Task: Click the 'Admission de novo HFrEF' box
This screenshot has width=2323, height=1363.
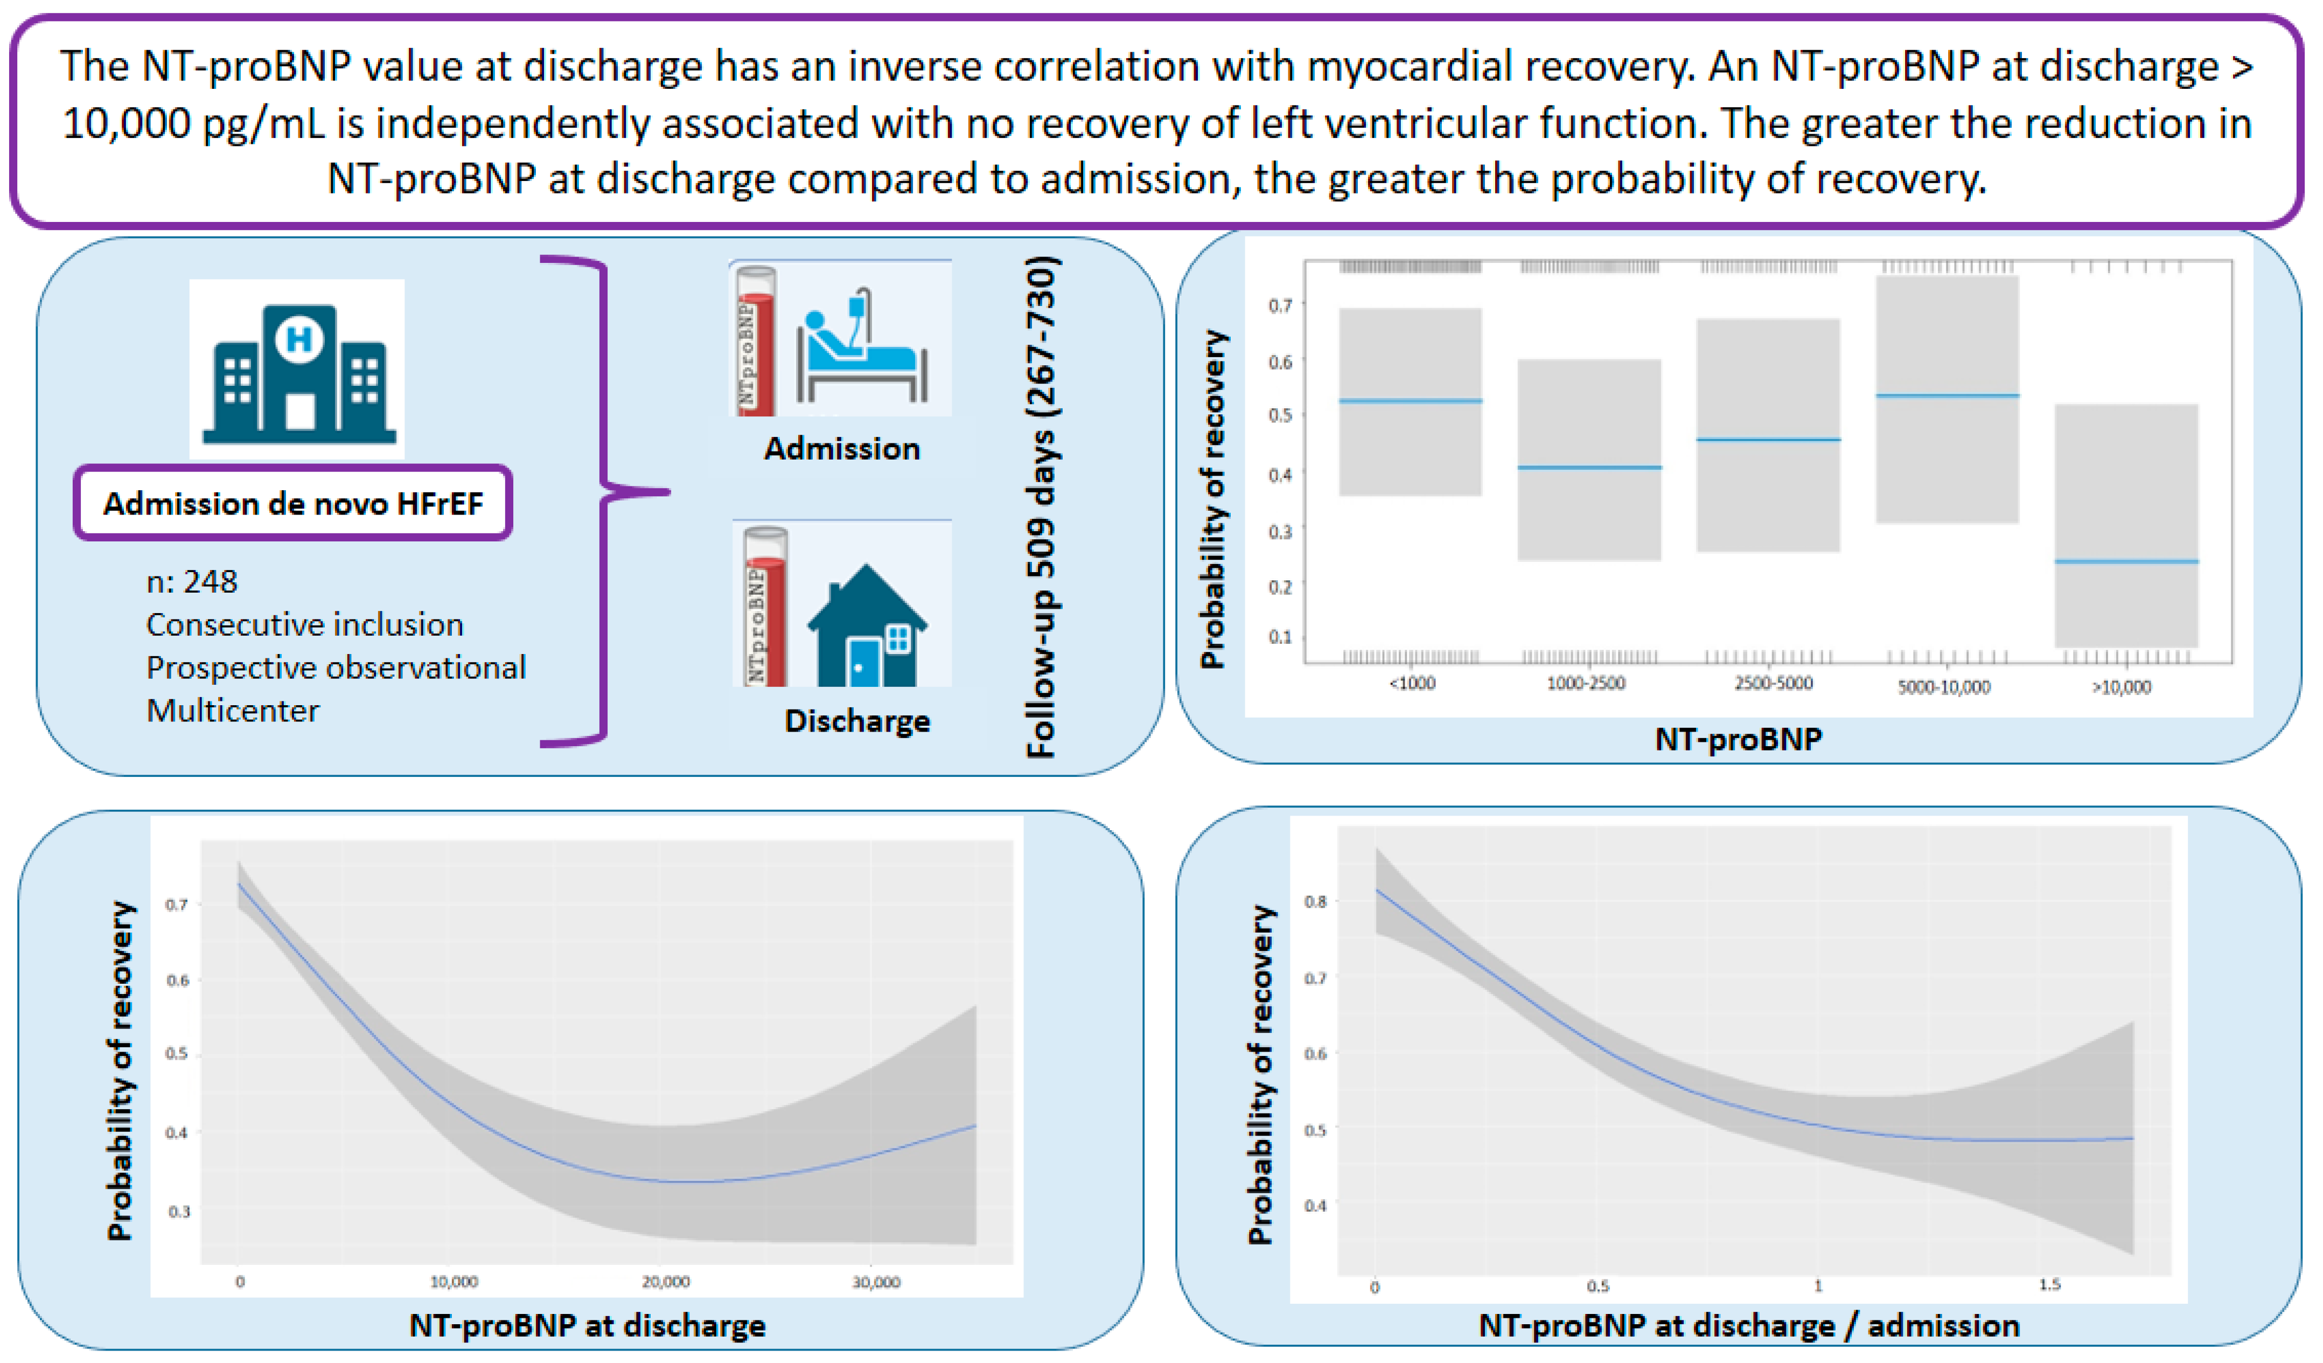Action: [x=293, y=504]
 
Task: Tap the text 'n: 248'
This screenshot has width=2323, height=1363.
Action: [x=192, y=582]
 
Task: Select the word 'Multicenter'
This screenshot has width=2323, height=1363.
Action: [x=232, y=711]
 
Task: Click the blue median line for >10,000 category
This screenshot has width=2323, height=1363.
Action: [x=2126, y=561]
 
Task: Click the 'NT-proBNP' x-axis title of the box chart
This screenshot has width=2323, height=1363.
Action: [x=1738, y=740]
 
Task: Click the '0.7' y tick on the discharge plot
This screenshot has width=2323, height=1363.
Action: [x=177, y=905]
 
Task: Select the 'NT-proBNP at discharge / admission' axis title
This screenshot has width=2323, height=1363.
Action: [x=1749, y=1326]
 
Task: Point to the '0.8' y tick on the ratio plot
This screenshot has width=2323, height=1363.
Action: [x=1315, y=901]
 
